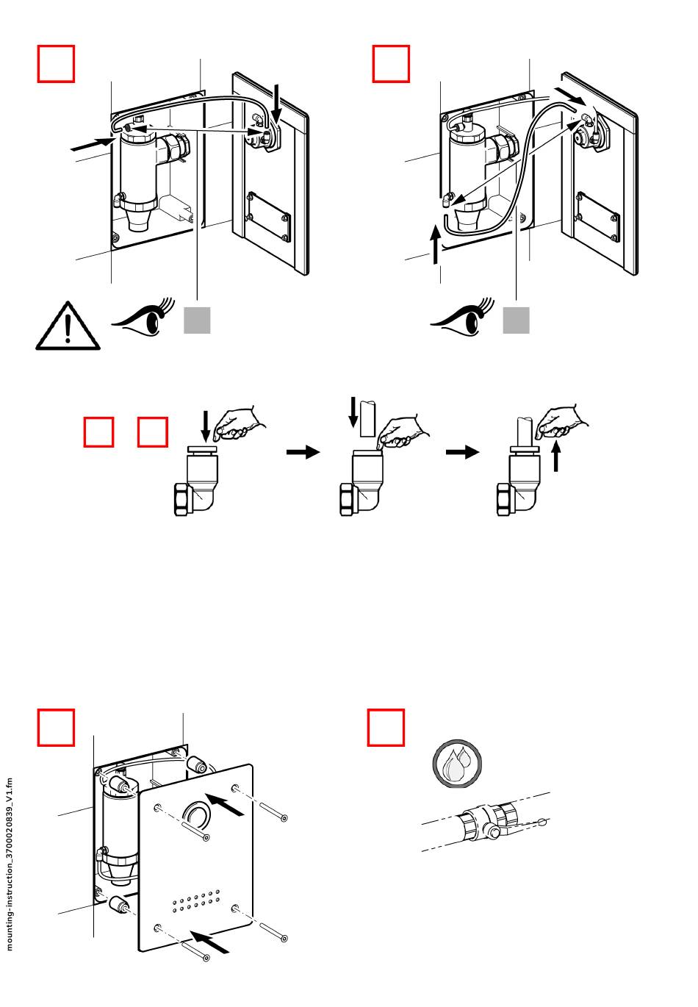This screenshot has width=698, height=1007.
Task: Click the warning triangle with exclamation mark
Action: [x=68, y=326]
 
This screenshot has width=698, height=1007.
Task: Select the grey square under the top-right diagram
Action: [x=516, y=320]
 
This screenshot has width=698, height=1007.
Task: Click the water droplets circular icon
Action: [x=457, y=764]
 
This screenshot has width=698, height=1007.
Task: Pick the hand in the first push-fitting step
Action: [x=238, y=423]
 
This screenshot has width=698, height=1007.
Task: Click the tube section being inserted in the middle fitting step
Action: [x=367, y=418]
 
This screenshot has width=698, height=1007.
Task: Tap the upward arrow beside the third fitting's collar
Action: [x=556, y=456]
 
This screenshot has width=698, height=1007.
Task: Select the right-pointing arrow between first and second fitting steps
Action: [x=303, y=451]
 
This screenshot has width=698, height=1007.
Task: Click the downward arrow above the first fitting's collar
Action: [x=206, y=426]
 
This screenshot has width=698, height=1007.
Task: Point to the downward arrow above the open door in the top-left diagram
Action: [x=277, y=104]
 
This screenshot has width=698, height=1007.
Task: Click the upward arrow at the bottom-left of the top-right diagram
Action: [x=435, y=245]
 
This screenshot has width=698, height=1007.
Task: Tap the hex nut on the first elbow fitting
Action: [x=184, y=499]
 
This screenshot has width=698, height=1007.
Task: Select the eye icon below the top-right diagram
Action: [x=463, y=317]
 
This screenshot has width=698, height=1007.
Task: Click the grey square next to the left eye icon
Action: [x=197, y=320]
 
